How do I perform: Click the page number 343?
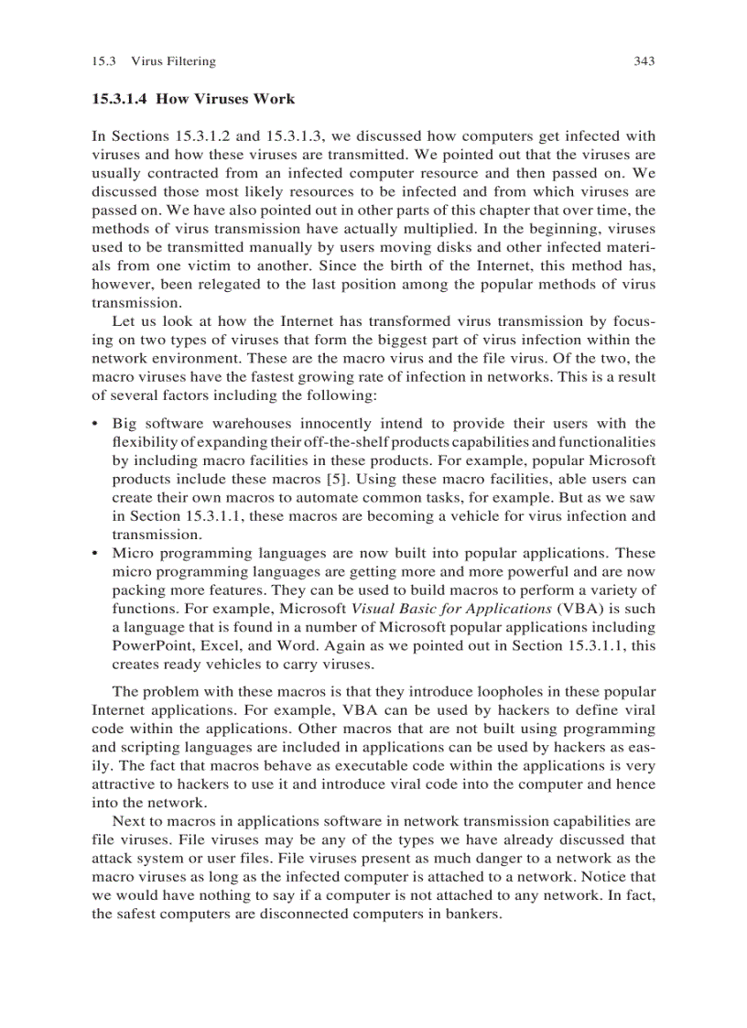click(644, 61)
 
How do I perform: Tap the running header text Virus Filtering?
click(173, 61)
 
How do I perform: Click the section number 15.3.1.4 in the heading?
click(120, 98)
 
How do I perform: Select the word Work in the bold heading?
click(276, 98)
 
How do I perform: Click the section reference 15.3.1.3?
click(308, 135)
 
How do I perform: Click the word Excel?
click(211, 646)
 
